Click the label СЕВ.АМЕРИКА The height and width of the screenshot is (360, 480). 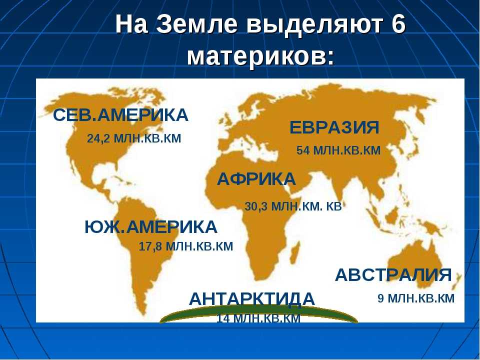pos(120,115)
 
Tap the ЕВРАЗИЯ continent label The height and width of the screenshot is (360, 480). pos(334,127)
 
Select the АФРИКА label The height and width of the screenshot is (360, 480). pos(256,179)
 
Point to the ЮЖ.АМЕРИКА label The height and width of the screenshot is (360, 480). pos(151,227)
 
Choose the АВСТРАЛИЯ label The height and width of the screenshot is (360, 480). pos(393,274)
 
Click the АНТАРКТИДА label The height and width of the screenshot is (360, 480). pos(252,299)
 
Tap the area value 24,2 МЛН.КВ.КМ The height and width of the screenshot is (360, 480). pos(134,138)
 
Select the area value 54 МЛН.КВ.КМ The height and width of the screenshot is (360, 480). pos(338,150)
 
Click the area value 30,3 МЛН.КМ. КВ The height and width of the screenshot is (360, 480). pos(293,206)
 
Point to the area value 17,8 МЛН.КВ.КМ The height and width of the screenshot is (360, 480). pos(186,246)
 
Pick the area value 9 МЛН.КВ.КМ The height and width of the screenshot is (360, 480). pos(416,298)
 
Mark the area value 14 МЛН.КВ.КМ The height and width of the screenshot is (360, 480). pos(258,318)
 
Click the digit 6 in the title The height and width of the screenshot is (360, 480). pos(398,24)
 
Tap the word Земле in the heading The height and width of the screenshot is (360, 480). pos(197,24)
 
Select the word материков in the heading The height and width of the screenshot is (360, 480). pos(260,56)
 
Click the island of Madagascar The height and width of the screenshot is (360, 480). pos(294,255)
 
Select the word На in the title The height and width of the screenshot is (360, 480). pos(131,24)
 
